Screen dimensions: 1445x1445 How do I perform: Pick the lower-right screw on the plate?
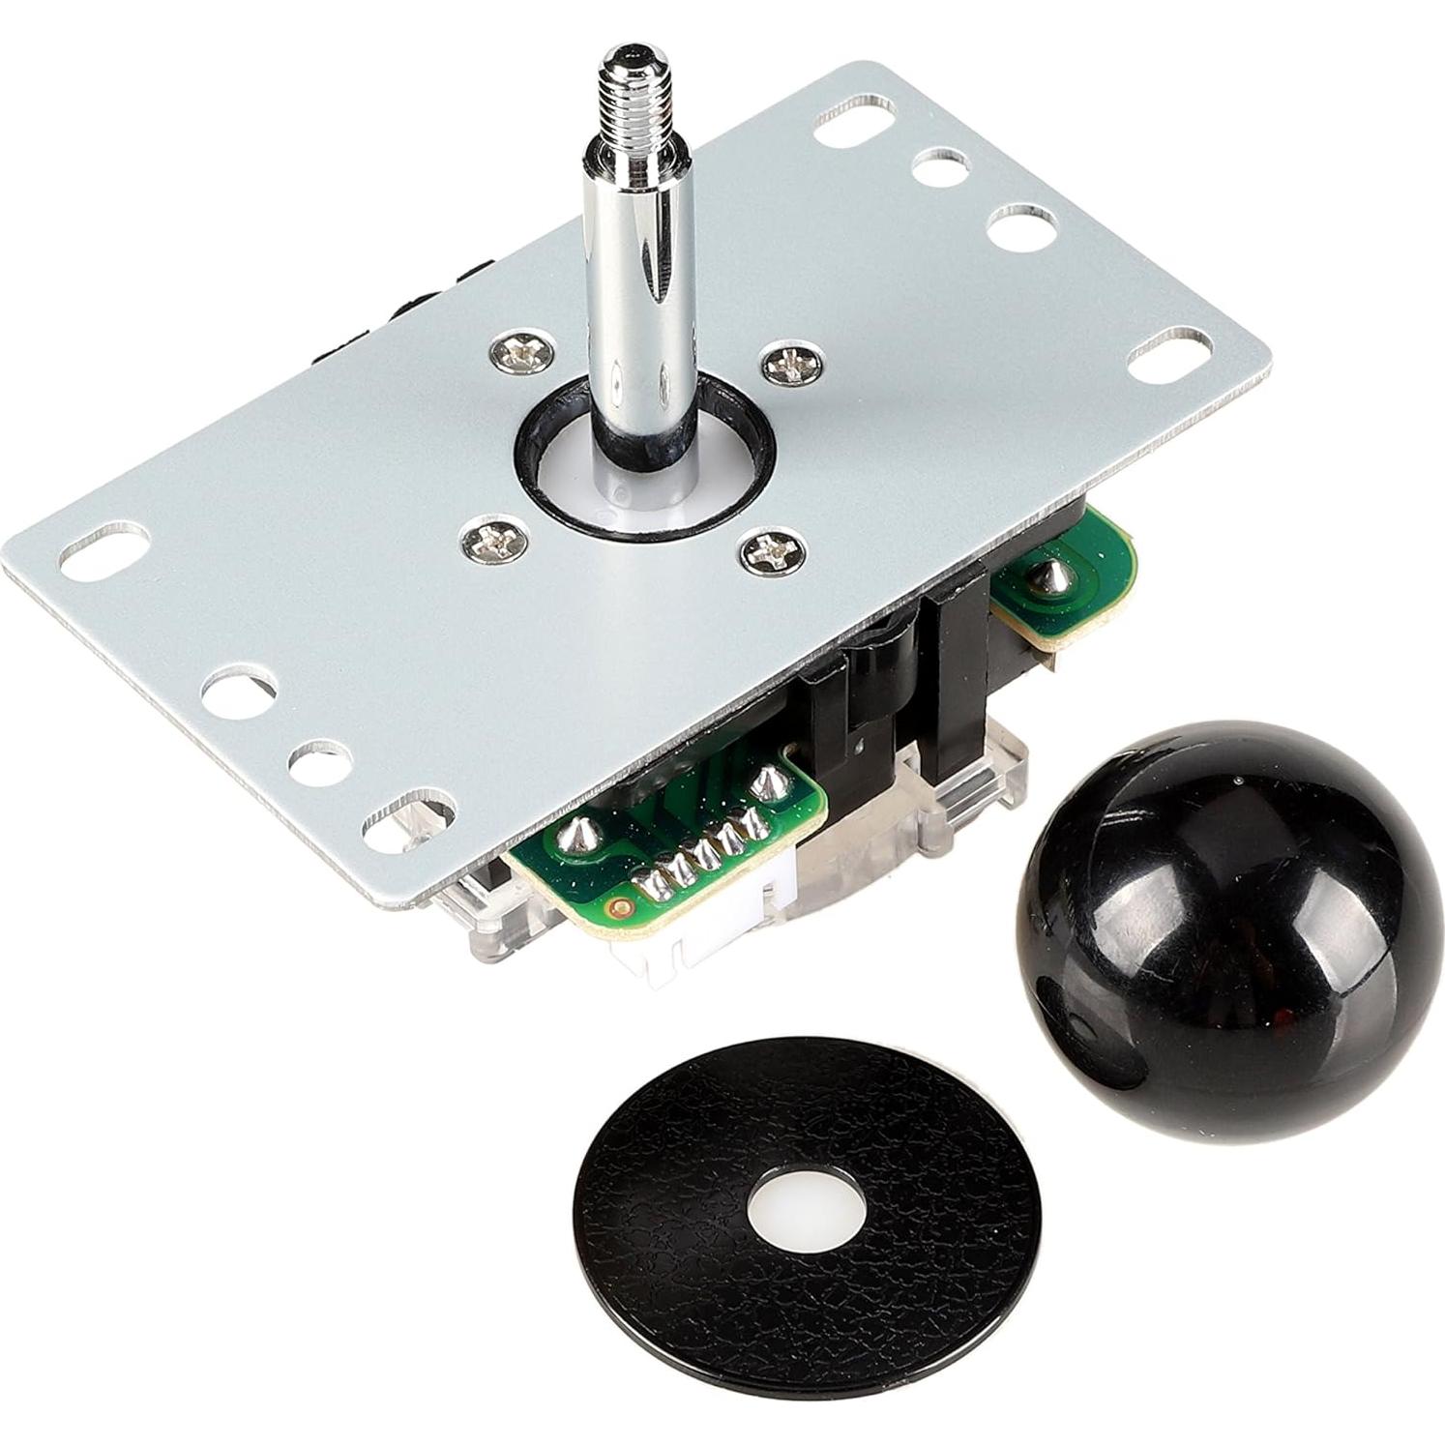click(767, 552)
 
